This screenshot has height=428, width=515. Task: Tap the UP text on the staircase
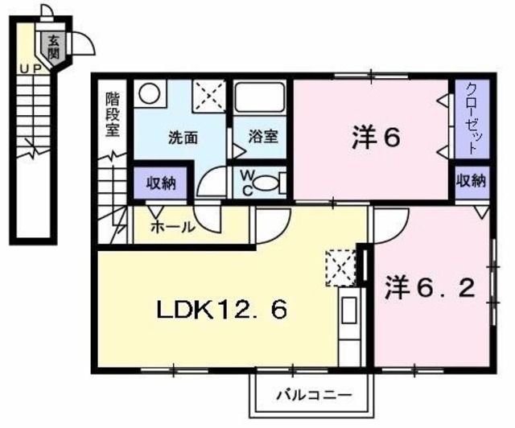tap(32, 69)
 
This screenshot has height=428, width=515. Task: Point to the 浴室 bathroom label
tap(262, 135)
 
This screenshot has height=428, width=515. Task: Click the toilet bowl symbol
tap(273, 182)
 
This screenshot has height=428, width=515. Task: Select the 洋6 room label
tap(376, 138)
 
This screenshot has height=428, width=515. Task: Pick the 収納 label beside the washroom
tap(160, 182)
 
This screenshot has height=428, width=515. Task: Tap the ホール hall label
tap(171, 228)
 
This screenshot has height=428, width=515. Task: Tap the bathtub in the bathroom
tap(261, 100)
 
